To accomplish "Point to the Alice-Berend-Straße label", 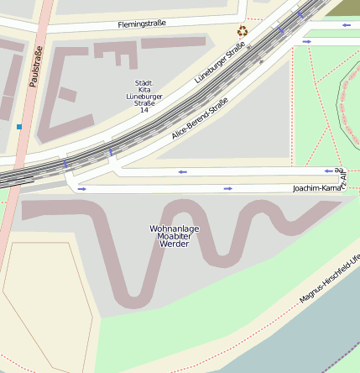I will point(199,118).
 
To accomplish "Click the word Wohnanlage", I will point(174,228).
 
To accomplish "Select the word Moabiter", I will point(174,236).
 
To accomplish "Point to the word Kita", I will point(143,90).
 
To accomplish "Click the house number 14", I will point(143,110).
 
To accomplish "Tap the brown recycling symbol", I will point(243,32).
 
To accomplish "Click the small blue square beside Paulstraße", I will point(19,127).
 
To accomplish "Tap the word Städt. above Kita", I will point(143,83).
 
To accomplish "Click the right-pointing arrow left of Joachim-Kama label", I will point(227,189).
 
